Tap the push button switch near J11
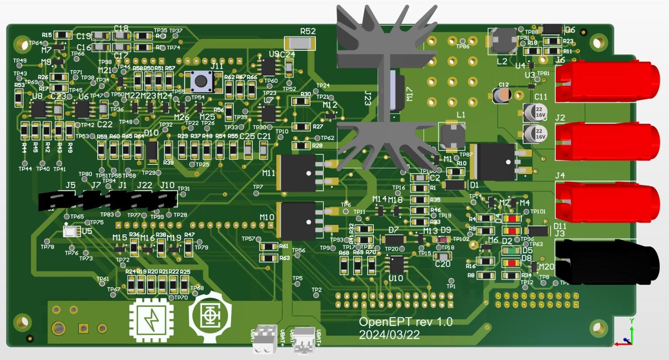[x=201, y=81]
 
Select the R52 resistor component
[x=300, y=43]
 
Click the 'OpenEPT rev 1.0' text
[x=406, y=322]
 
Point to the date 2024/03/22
[x=389, y=335]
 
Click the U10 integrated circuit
[x=396, y=265]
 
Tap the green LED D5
[x=512, y=251]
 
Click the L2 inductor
[x=503, y=41]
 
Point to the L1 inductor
[x=452, y=136]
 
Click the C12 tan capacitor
[x=502, y=95]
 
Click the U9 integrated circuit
[x=268, y=67]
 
